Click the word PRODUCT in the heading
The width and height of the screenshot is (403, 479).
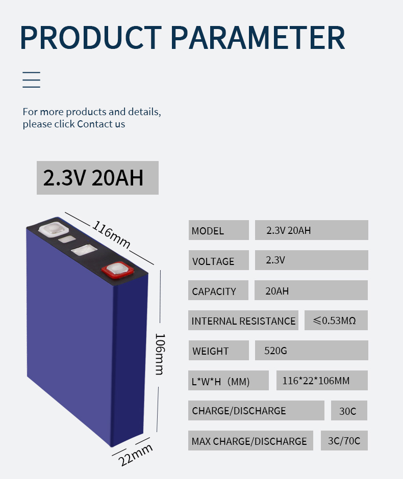coord(91,37)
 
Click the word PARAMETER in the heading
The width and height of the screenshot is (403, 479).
coord(258,37)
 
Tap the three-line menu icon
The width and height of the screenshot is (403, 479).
coord(31,79)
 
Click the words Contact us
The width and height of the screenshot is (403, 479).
coord(101,124)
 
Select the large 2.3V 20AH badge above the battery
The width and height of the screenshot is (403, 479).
coord(97,178)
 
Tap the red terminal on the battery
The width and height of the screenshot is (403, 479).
coord(117,271)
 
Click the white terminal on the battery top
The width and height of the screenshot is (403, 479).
coord(53,229)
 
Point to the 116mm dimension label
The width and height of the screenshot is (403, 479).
coord(111,234)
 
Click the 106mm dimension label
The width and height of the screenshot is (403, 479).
coord(160,354)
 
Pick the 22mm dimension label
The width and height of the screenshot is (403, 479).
coord(135,455)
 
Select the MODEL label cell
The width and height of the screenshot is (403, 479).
coord(219,230)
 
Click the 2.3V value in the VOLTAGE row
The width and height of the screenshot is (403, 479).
coord(275,260)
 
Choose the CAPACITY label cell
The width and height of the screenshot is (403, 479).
coord(218,290)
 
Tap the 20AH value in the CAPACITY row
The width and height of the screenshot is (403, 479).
coord(277,291)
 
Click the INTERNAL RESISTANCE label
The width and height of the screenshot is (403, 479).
coord(243,321)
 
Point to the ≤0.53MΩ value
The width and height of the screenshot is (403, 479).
coord(335,321)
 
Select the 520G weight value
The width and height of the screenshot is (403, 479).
coord(275,351)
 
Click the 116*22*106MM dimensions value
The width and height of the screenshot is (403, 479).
coord(316,381)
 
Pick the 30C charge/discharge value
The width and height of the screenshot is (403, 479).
coord(348,411)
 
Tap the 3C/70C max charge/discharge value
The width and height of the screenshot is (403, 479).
coord(344,441)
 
